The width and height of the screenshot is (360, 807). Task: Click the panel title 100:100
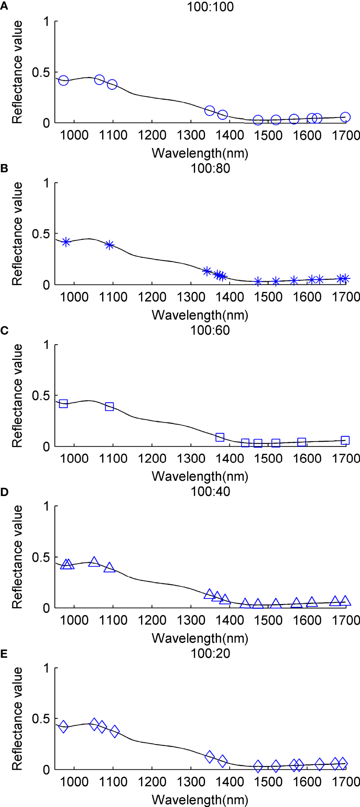210,7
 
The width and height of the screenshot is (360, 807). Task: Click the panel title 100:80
210,168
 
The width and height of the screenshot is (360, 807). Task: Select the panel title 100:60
210,330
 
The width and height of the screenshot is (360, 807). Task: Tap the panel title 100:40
210,492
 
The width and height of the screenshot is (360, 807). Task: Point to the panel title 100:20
210,653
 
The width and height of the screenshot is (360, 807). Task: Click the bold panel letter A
4,6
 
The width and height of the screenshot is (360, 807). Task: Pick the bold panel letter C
4,330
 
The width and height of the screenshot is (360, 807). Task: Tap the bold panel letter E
4,654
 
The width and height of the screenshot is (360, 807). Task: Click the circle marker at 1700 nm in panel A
345,117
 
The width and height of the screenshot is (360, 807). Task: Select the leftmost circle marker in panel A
64,81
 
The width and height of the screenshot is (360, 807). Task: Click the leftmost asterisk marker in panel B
66,242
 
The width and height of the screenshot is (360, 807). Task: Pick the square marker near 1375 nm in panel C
220,437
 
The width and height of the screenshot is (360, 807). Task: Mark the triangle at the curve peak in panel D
94,562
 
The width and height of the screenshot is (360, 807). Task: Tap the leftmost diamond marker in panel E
63,727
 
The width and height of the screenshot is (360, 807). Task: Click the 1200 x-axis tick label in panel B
152,297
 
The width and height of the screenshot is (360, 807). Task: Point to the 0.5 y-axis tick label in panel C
41,396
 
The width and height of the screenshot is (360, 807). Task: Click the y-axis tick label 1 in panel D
46,506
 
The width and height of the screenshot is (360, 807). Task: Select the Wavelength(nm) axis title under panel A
200,153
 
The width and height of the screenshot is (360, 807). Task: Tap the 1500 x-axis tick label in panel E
269,782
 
